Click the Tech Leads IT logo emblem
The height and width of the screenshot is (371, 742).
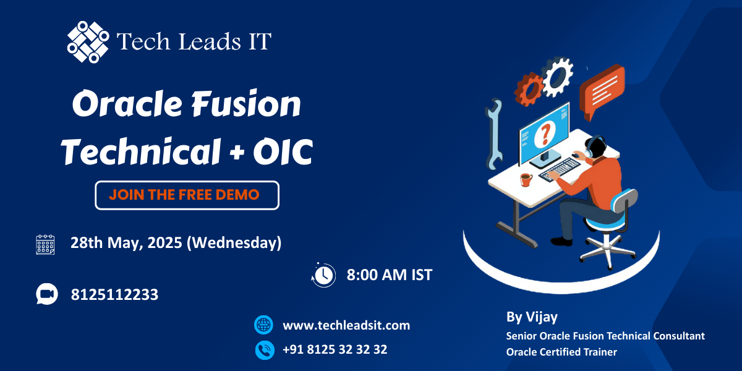88,42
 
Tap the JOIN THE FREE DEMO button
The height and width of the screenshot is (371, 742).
187,195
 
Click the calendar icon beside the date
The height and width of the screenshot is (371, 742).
45,245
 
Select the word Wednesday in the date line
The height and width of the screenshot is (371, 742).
234,243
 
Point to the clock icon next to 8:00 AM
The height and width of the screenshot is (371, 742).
323,275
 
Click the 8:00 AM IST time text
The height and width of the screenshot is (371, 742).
389,275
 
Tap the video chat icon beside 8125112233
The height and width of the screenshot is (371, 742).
47,294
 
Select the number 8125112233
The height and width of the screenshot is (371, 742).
114,294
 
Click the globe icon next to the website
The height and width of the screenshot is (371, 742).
263,325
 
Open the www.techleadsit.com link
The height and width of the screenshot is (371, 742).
346,325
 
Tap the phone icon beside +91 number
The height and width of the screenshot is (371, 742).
265,350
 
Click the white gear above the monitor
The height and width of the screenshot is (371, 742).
558,77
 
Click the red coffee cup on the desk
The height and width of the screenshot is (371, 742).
526,180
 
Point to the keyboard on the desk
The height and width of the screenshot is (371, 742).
559,169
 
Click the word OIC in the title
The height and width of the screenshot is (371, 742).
283,152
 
